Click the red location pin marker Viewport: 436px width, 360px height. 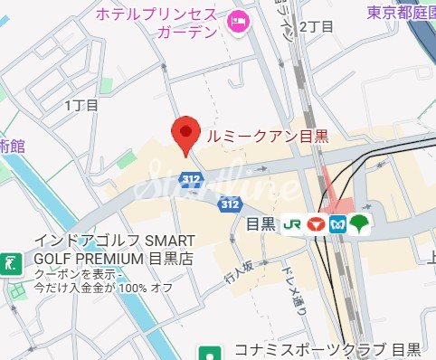(x=185, y=135)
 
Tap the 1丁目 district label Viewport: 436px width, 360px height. (x=81, y=106)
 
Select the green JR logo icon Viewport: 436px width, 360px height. (x=292, y=223)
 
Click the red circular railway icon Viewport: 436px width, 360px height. (x=317, y=223)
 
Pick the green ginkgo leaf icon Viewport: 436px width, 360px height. (x=360, y=223)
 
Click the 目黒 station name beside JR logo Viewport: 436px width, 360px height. (x=261, y=223)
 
